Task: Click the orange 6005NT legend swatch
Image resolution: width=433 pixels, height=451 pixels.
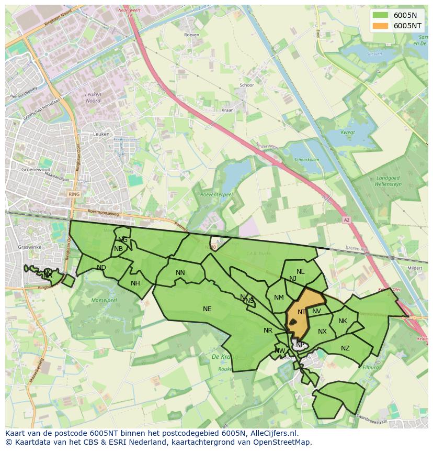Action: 381,26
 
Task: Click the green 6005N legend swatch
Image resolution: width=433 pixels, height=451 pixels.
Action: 381,15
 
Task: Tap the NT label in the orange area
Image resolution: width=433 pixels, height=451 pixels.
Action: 302,312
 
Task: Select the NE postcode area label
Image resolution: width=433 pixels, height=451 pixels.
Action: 207,309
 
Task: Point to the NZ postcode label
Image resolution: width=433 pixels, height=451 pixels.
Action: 345,348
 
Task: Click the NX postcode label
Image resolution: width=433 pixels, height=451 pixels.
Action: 322,332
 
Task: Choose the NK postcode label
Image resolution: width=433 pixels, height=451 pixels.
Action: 343,321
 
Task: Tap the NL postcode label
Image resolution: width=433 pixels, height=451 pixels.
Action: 300,272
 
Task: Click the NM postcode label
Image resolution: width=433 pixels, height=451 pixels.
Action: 279,298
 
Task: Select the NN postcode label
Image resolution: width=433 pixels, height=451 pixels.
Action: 180,273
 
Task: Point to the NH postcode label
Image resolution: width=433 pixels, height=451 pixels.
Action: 135,283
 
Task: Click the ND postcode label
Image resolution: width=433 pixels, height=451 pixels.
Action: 101,268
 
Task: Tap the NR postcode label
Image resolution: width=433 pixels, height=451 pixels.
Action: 268,331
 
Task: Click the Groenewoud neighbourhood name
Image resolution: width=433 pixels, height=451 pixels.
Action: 35,170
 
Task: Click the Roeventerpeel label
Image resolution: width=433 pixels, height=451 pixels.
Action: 216,194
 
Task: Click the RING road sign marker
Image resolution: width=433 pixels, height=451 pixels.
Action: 74,194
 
